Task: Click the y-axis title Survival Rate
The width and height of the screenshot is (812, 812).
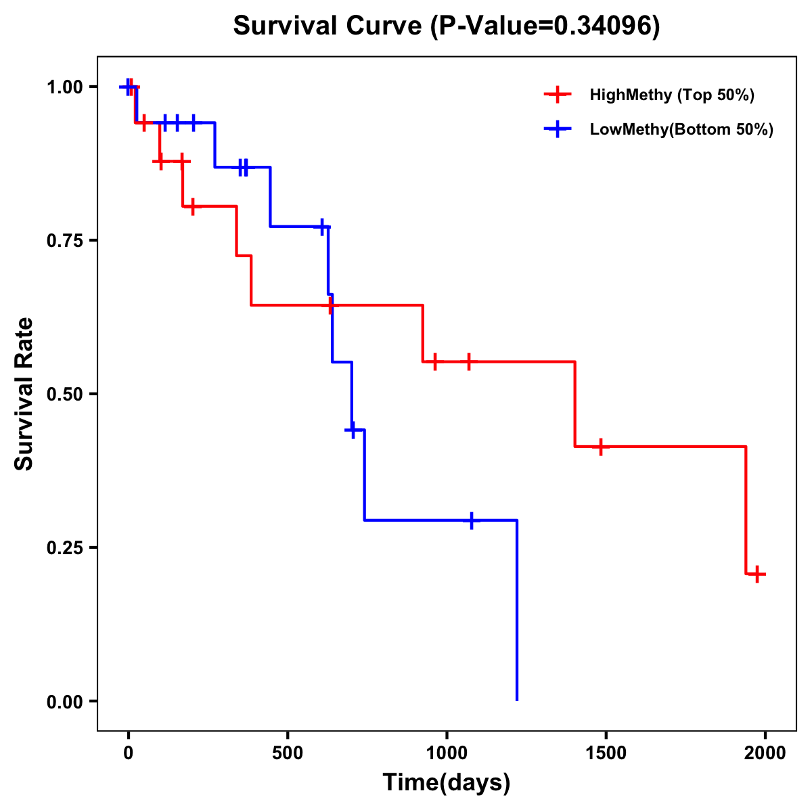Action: point(24,393)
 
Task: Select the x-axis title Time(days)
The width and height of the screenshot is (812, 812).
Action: point(447,782)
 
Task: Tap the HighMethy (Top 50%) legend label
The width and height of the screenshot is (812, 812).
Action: point(671,95)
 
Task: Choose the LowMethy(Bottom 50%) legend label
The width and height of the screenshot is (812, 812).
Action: point(681,129)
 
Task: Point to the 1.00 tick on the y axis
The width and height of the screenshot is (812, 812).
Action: point(64,87)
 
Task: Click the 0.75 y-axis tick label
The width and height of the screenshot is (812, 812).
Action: point(64,241)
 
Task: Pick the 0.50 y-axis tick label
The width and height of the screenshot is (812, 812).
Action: point(64,394)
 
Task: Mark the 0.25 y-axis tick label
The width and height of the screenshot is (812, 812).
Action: point(64,547)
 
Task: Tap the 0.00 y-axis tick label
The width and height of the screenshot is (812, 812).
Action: point(64,701)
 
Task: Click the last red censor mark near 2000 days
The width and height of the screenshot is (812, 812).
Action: point(757,574)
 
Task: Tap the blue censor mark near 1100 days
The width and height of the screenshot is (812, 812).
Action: point(472,520)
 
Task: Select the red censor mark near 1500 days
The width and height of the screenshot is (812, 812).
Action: point(600,447)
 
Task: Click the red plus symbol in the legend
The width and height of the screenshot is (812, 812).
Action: point(558,95)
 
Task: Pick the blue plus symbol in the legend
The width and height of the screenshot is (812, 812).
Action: point(558,129)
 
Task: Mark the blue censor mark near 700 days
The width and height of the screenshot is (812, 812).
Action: point(352,430)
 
